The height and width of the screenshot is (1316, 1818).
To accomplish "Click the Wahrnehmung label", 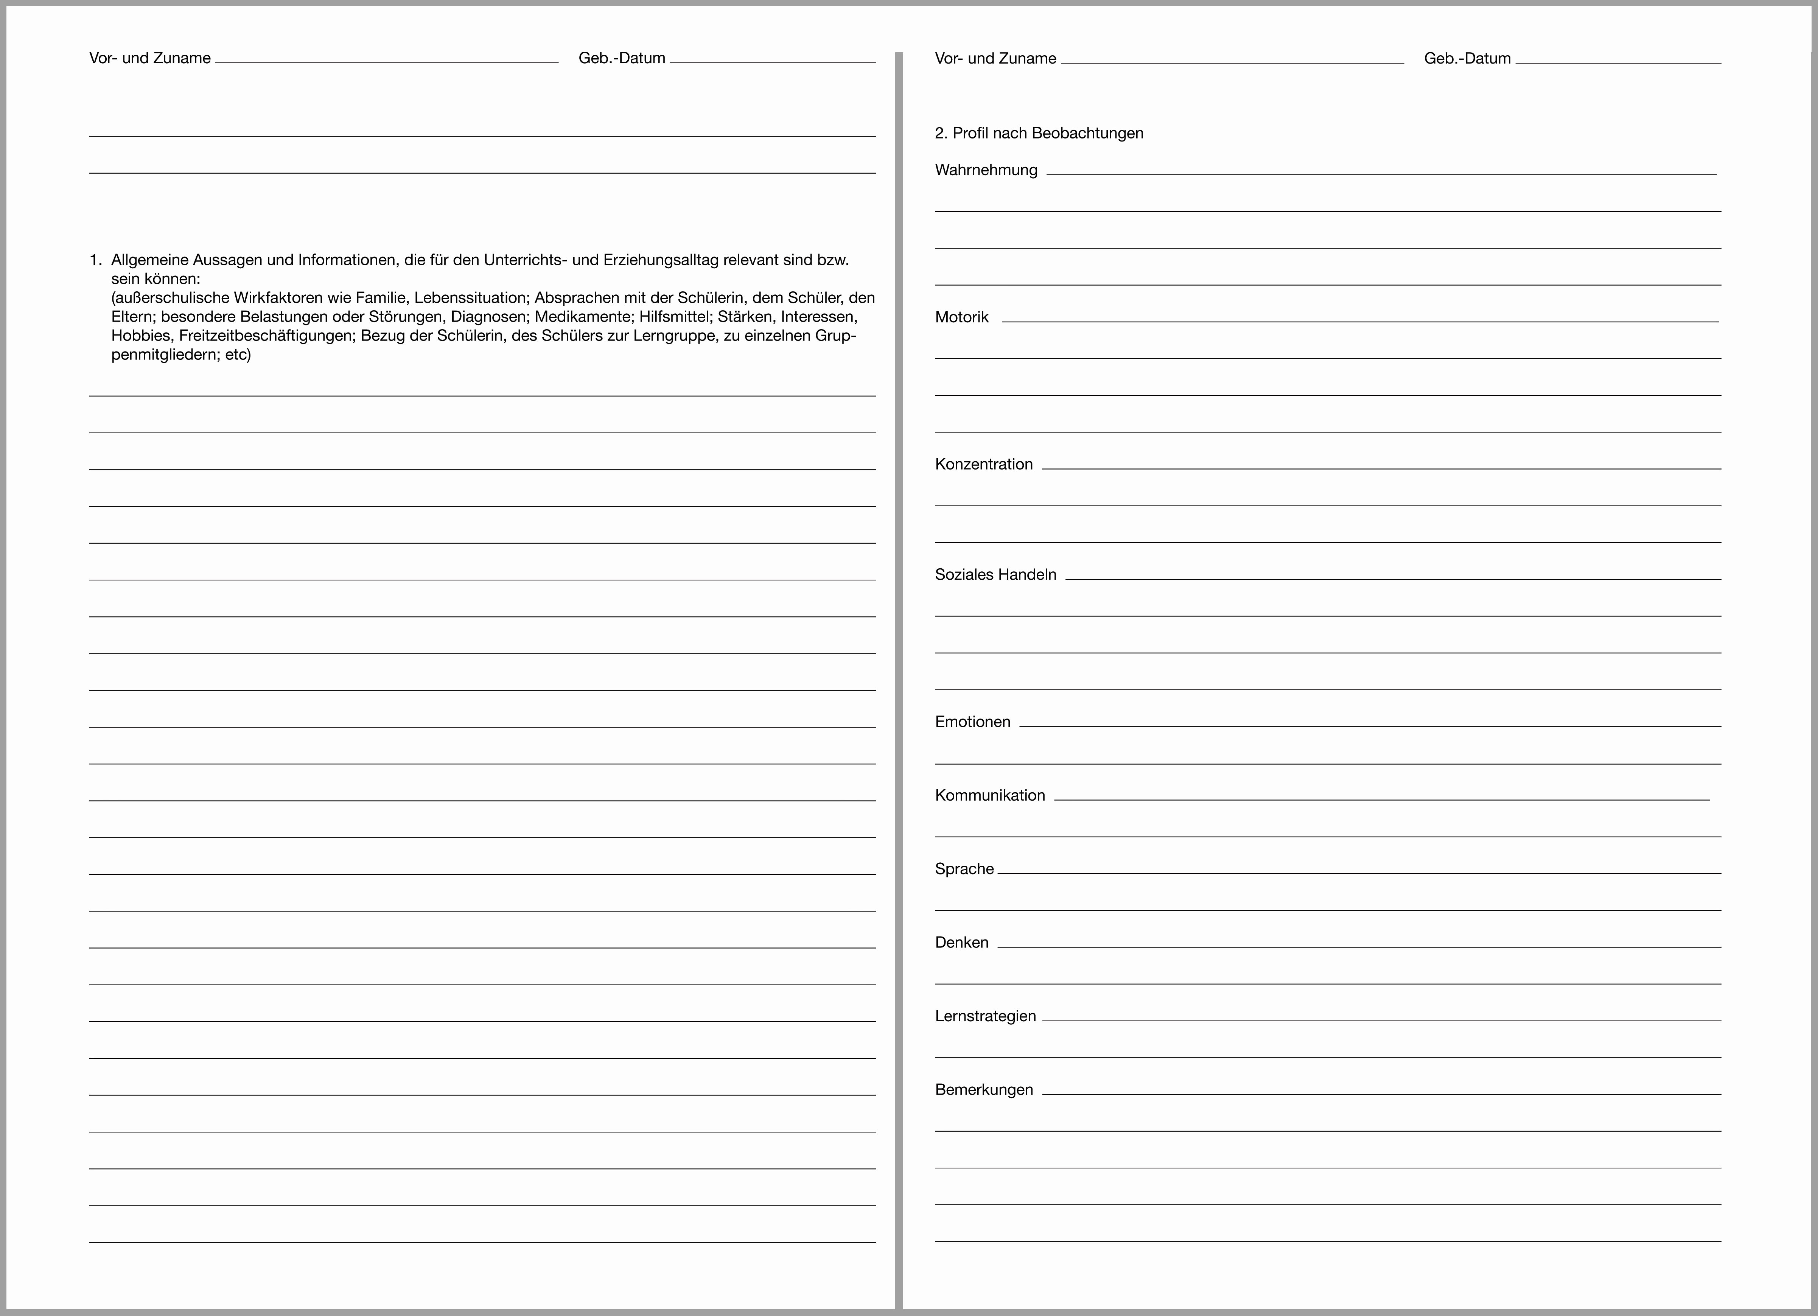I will pos(986,170).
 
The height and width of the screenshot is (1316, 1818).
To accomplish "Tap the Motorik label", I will pos(962,317).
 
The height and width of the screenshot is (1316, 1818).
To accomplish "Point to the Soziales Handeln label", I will pos(995,575).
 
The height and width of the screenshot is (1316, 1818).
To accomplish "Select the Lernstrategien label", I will pos(985,1016).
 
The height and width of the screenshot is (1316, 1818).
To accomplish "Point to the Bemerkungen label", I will pos(984,1090).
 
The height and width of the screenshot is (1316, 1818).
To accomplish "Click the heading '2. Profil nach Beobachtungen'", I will pos(1039,133).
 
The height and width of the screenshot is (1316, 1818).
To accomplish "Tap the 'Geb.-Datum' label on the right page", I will pos(1467,59).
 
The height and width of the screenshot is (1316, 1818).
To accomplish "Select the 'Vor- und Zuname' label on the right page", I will pos(995,59).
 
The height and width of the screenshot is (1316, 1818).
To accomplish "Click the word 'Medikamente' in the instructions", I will pos(583,317).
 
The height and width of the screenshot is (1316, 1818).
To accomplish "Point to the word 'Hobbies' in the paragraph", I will pos(141,336).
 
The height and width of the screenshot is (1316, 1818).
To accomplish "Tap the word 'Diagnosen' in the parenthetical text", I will pos(488,317).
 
